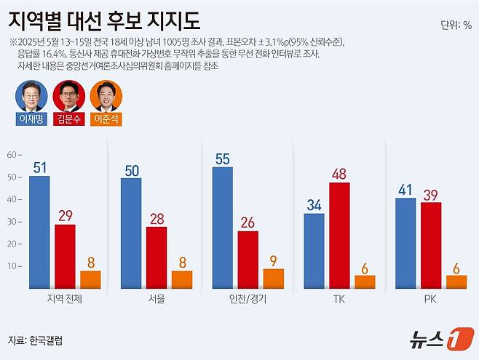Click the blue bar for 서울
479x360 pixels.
(131, 233)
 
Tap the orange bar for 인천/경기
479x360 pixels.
(273, 278)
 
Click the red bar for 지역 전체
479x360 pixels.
(65, 255)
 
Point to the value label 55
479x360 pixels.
(223, 158)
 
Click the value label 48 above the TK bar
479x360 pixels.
(339, 173)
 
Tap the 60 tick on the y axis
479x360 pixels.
(12, 154)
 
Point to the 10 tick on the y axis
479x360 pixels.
(12, 266)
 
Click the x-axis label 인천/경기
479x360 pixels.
(247, 298)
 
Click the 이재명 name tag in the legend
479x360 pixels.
(31, 119)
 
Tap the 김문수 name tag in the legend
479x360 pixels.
(69, 119)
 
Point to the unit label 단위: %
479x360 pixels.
(456, 26)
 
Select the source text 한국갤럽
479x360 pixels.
(46, 340)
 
